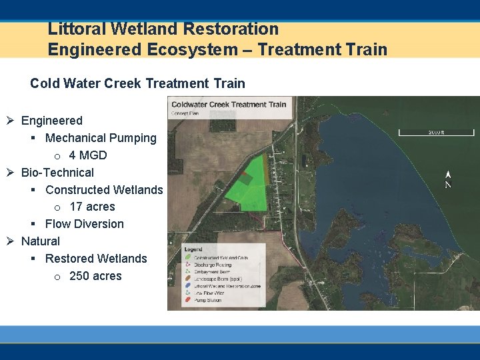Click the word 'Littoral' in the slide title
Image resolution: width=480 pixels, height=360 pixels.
click(x=77, y=29)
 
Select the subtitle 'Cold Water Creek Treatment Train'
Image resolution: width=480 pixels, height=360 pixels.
click(x=137, y=84)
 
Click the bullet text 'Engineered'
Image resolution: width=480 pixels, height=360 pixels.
click(x=52, y=121)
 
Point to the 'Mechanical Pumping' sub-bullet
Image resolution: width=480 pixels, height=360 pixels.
click(x=101, y=138)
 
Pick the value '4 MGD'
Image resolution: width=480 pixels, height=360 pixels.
click(x=88, y=155)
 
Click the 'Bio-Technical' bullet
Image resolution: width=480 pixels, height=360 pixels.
click(x=57, y=173)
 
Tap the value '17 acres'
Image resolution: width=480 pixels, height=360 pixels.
click(x=92, y=207)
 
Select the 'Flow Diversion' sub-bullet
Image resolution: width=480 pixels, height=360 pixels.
click(x=85, y=224)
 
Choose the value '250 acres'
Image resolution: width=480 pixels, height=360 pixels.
click(x=95, y=276)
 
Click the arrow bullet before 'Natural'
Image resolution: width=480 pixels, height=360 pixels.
click(x=11, y=241)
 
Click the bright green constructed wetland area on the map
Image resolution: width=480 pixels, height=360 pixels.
click(x=248, y=183)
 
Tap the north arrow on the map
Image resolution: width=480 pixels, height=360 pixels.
click(x=448, y=179)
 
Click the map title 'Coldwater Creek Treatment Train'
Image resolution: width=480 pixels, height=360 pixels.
click(x=229, y=105)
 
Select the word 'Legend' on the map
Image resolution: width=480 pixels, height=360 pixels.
click(x=194, y=249)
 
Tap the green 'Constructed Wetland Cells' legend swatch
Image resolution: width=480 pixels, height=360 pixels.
click(x=189, y=257)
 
